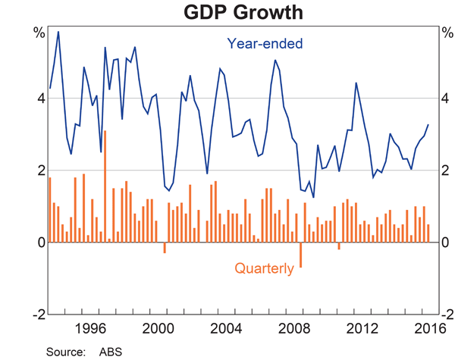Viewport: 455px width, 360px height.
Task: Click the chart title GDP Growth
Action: point(227,13)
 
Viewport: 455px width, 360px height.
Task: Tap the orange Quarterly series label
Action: point(263,268)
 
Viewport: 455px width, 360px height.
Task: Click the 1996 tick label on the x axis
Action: point(90,328)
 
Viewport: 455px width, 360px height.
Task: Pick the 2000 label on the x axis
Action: point(159,328)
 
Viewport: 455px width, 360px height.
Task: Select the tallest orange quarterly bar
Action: point(105,186)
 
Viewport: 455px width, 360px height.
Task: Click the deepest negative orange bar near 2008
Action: point(301,255)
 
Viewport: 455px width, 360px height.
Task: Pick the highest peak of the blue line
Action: point(58,32)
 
